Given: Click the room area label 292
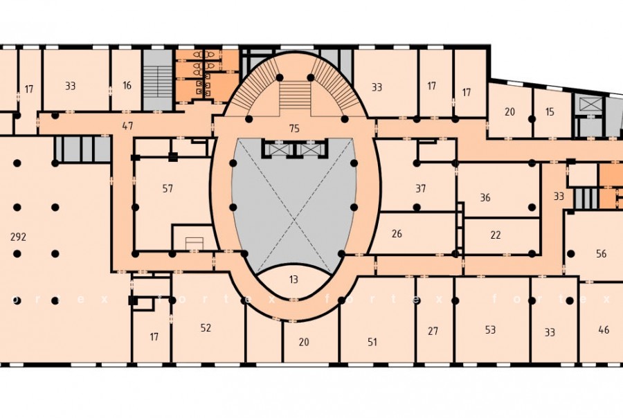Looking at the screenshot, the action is pyautogui.click(x=18, y=237).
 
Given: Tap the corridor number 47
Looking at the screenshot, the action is pyautogui.click(x=127, y=127).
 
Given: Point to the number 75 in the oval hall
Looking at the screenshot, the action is pyautogui.click(x=294, y=128).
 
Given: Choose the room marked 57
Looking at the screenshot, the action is pyautogui.click(x=168, y=188).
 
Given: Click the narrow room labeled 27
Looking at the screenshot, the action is pyautogui.click(x=433, y=331).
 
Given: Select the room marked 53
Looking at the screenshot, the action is pyautogui.click(x=490, y=330).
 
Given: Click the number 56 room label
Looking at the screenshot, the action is pyautogui.click(x=601, y=253).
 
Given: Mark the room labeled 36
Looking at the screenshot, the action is pyautogui.click(x=485, y=197).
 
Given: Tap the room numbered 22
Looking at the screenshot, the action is pyautogui.click(x=496, y=235).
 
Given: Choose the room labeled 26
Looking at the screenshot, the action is pyautogui.click(x=397, y=234).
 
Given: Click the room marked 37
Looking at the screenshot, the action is pyautogui.click(x=421, y=188).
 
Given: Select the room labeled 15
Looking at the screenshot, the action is pyautogui.click(x=550, y=112).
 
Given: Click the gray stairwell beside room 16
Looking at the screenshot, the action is pyautogui.click(x=158, y=80).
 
